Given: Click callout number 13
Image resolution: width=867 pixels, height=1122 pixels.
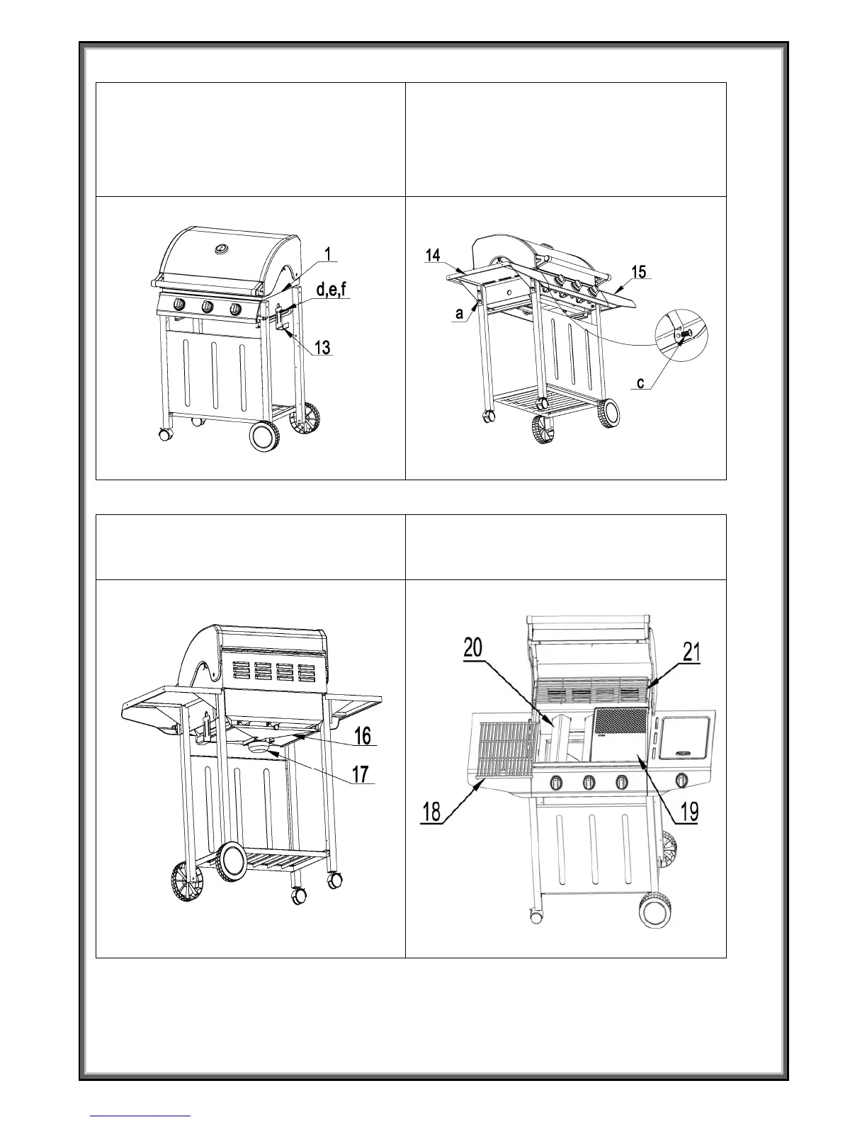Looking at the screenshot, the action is tap(322, 348).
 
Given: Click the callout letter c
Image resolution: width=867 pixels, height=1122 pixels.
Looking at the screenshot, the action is tap(640, 384).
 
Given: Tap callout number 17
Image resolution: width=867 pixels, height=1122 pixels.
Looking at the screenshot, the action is tap(361, 774).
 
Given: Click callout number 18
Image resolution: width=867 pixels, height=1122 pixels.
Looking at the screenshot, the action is tap(431, 812).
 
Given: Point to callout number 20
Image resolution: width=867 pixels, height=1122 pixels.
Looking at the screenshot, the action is tap(474, 647).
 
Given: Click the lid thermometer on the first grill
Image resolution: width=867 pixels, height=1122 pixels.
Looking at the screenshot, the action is tap(222, 249).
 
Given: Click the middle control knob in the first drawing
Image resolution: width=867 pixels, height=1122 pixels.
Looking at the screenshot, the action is tap(208, 307).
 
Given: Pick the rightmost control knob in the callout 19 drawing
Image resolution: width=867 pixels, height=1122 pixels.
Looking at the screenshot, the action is tap(682, 781).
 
